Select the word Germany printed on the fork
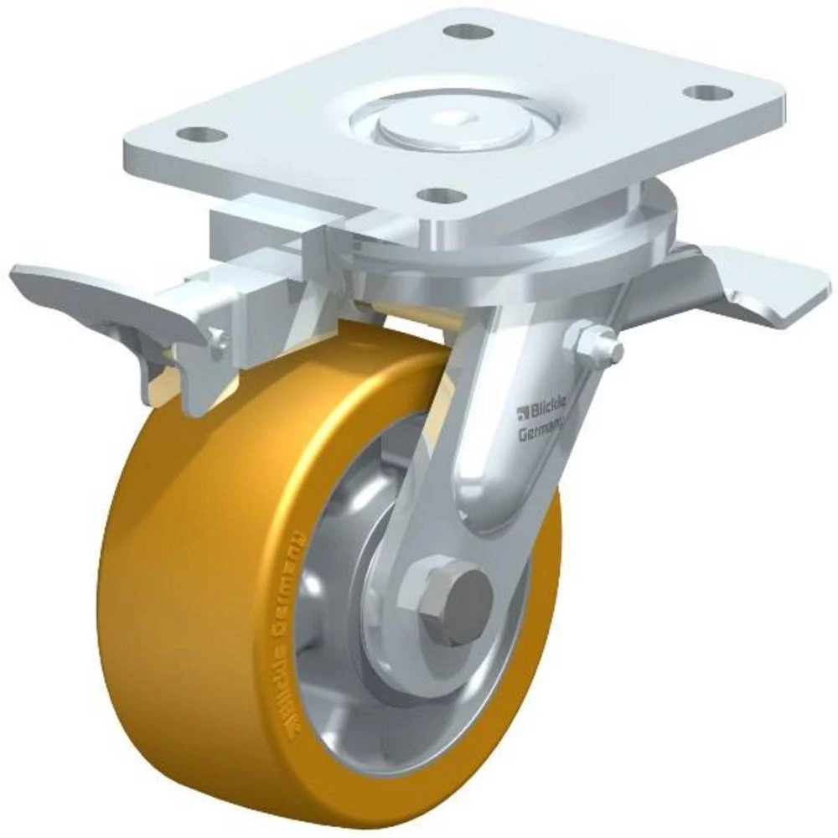tap(541, 433)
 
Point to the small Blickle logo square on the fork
tap(523, 411)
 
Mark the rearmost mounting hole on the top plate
tap(468, 32)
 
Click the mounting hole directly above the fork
tap(440, 195)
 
